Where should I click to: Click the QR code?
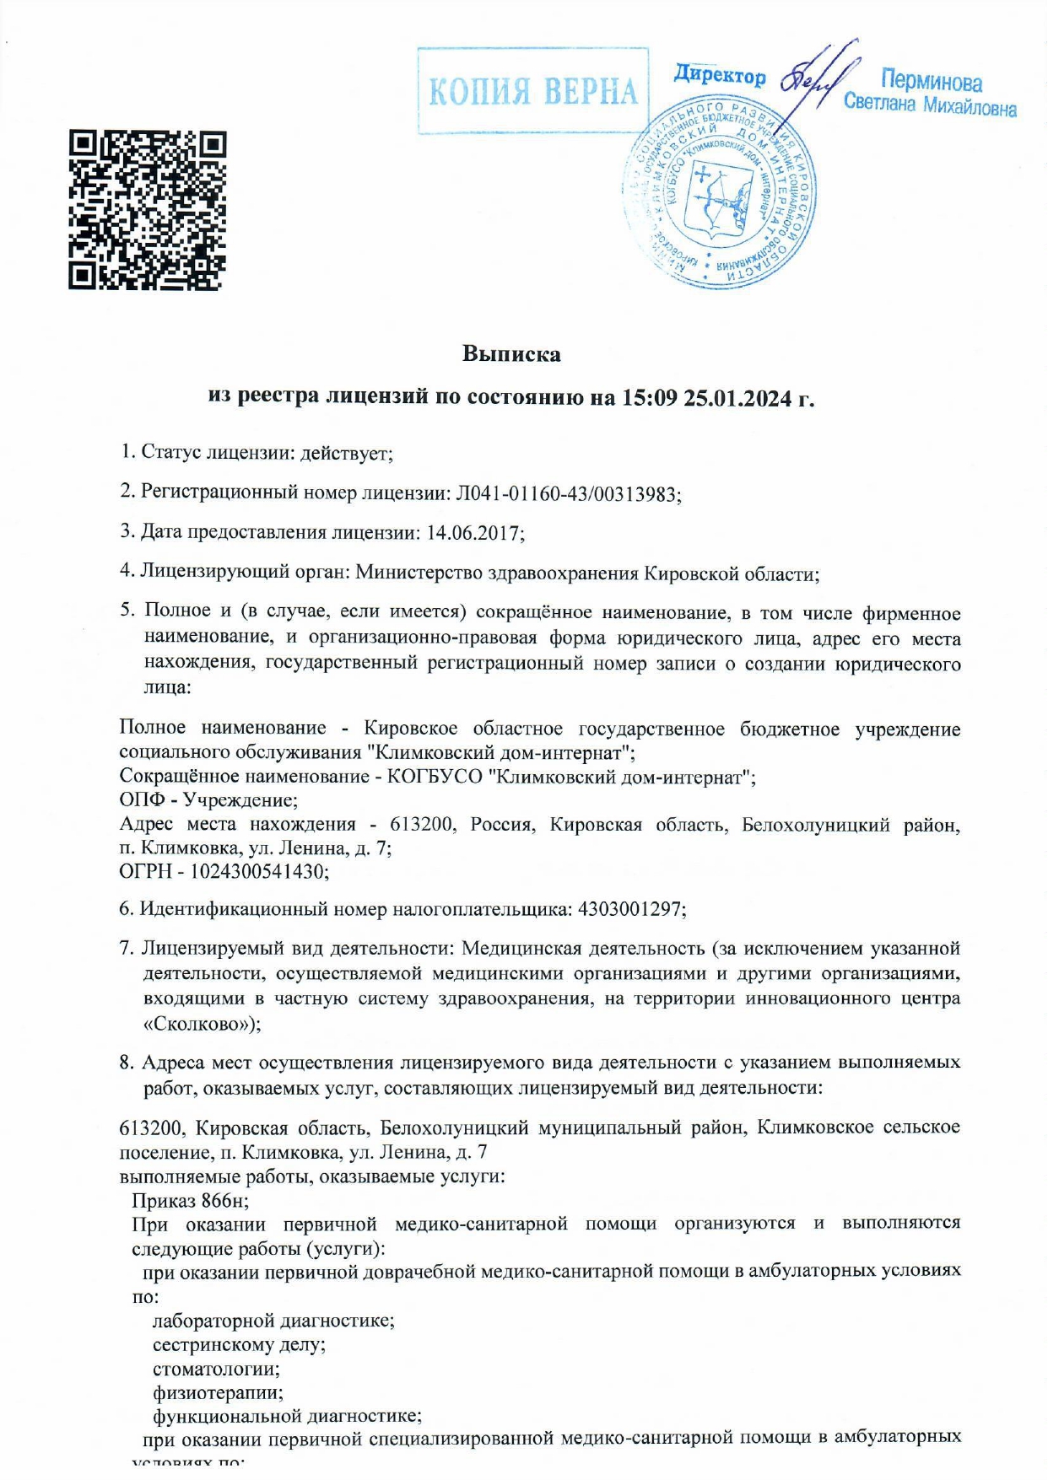[x=148, y=211]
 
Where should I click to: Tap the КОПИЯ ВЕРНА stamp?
[x=533, y=91]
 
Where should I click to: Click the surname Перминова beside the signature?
[x=932, y=82]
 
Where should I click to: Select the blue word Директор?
[x=720, y=76]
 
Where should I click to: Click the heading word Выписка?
[x=511, y=353]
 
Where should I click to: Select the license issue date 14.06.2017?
[x=477, y=533]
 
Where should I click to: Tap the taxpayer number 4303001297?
[x=630, y=910]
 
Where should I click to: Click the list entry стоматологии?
[x=216, y=1368]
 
